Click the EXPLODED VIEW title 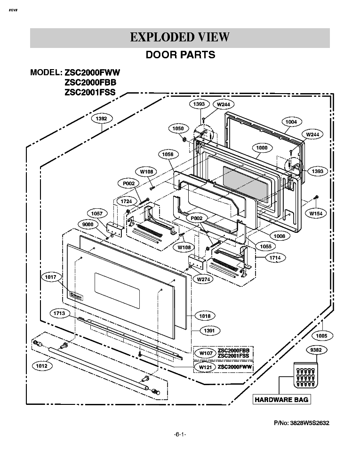[180, 37]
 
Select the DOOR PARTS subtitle [180, 55]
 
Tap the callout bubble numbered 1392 [101, 119]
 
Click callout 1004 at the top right [291, 122]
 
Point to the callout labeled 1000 [262, 148]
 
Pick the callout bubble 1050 [177, 128]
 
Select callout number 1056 [168, 154]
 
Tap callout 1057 [97, 213]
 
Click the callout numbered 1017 [51, 277]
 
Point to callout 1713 [62, 313]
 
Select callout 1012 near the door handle [43, 365]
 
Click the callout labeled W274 [203, 279]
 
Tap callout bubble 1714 [275, 258]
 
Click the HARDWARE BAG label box [281, 400]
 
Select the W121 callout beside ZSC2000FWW [204, 366]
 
